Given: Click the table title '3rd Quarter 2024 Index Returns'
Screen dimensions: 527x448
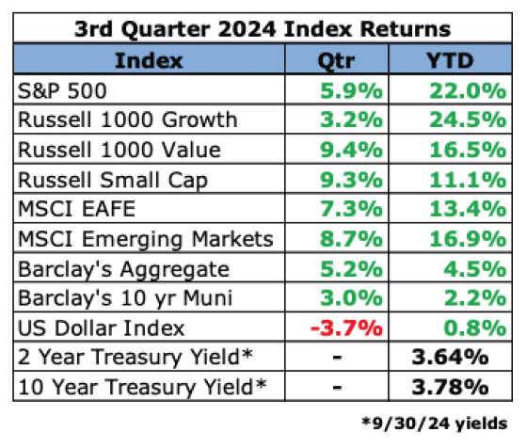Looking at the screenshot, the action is pyautogui.click(x=263, y=29).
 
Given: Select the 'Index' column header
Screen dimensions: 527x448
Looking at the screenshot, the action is pyautogui.click(x=149, y=61).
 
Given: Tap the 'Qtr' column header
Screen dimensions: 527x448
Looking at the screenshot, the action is pyautogui.click(x=337, y=62).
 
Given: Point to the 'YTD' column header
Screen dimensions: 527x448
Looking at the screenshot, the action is pyautogui.click(x=450, y=61).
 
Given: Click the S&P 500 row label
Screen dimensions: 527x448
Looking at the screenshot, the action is pyautogui.click(x=62, y=90).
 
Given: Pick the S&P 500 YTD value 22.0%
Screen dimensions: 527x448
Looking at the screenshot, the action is pyautogui.click(x=468, y=90).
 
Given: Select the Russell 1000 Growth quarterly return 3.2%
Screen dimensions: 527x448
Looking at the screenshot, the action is pyautogui.click(x=351, y=120).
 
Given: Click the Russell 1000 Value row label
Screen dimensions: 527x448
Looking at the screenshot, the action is pyautogui.click(x=120, y=150).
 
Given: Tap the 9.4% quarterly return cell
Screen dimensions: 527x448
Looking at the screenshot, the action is pyautogui.click(x=351, y=150).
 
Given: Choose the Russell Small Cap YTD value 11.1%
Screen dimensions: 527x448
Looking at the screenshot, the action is pyautogui.click(x=468, y=180).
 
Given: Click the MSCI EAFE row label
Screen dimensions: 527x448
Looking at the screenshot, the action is pyautogui.click(x=76, y=209).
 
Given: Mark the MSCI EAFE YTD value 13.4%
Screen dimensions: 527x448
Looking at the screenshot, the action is pyautogui.click(x=468, y=209).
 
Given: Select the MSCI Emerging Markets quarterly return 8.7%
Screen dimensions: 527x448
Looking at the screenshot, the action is pyautogui.click(x=351, y=239).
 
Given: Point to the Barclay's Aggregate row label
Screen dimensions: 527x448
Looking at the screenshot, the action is pyautogui.click(x=123, y=269).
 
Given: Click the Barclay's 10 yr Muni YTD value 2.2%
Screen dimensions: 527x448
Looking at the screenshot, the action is pyautogui.click(x=475, y=297).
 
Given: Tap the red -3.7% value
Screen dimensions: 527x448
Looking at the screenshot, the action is pyautogui.click(x=346, y=328).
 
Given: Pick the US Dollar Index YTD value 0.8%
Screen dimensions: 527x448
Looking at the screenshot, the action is pyautogui.click(x=475, y=328).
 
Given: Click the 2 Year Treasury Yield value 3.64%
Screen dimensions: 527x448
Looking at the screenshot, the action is pyautogui.click(x=450, y=357).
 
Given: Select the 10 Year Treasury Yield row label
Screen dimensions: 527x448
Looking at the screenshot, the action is pyautogui.click(x=142, y=388).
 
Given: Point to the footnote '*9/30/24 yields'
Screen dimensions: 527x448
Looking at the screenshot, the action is pyautogui.click(x=434, y=424).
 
